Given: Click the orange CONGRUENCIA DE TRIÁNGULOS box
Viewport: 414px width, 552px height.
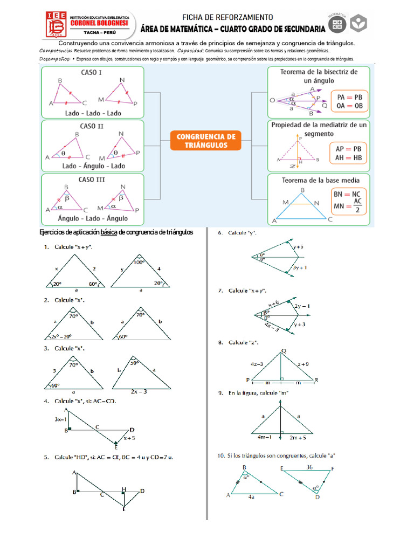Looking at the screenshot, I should coord(206,141).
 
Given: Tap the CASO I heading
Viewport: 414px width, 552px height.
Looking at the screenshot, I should coord(92,72).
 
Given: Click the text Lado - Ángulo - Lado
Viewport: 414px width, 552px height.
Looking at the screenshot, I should coord(93,166).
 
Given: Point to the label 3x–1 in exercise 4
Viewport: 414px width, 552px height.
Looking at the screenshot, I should coord(61,419).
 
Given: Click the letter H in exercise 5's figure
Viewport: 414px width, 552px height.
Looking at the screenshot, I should coord(123,489).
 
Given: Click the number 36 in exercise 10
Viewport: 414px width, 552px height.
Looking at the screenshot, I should coord(309,467).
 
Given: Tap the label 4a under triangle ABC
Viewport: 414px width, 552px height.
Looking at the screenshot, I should coord(251,498).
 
